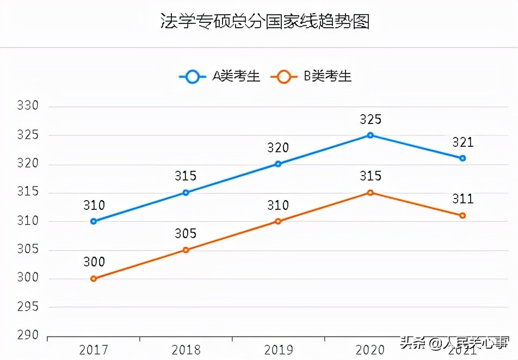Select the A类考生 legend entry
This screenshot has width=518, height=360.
[x=220, y=77]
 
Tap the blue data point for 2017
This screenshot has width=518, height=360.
[x=94, y=221]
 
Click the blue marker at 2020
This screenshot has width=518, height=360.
[x=370, y=135]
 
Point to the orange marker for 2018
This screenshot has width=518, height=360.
[x=186, y=250]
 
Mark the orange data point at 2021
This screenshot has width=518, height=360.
[x=462, y=215]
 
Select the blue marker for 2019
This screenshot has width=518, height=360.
[x=278, y=164]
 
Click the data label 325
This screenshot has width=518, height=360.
[x=370, y=120]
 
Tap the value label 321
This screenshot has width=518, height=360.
[x=462, y=142]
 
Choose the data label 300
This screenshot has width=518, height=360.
[x=94, y=262]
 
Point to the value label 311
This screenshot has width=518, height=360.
[x=462, y=199]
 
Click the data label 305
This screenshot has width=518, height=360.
[x=186, y=234]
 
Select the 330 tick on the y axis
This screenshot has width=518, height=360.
[x=28, y=106]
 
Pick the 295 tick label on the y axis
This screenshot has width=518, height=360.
[x=28, y=307]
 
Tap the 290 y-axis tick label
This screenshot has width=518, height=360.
[x=28, y=336]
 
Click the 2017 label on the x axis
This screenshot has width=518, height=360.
[x=94, y=350]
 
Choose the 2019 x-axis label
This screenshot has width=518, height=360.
[x=278, y=350]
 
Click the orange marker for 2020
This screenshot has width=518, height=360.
[x=370, y=193]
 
